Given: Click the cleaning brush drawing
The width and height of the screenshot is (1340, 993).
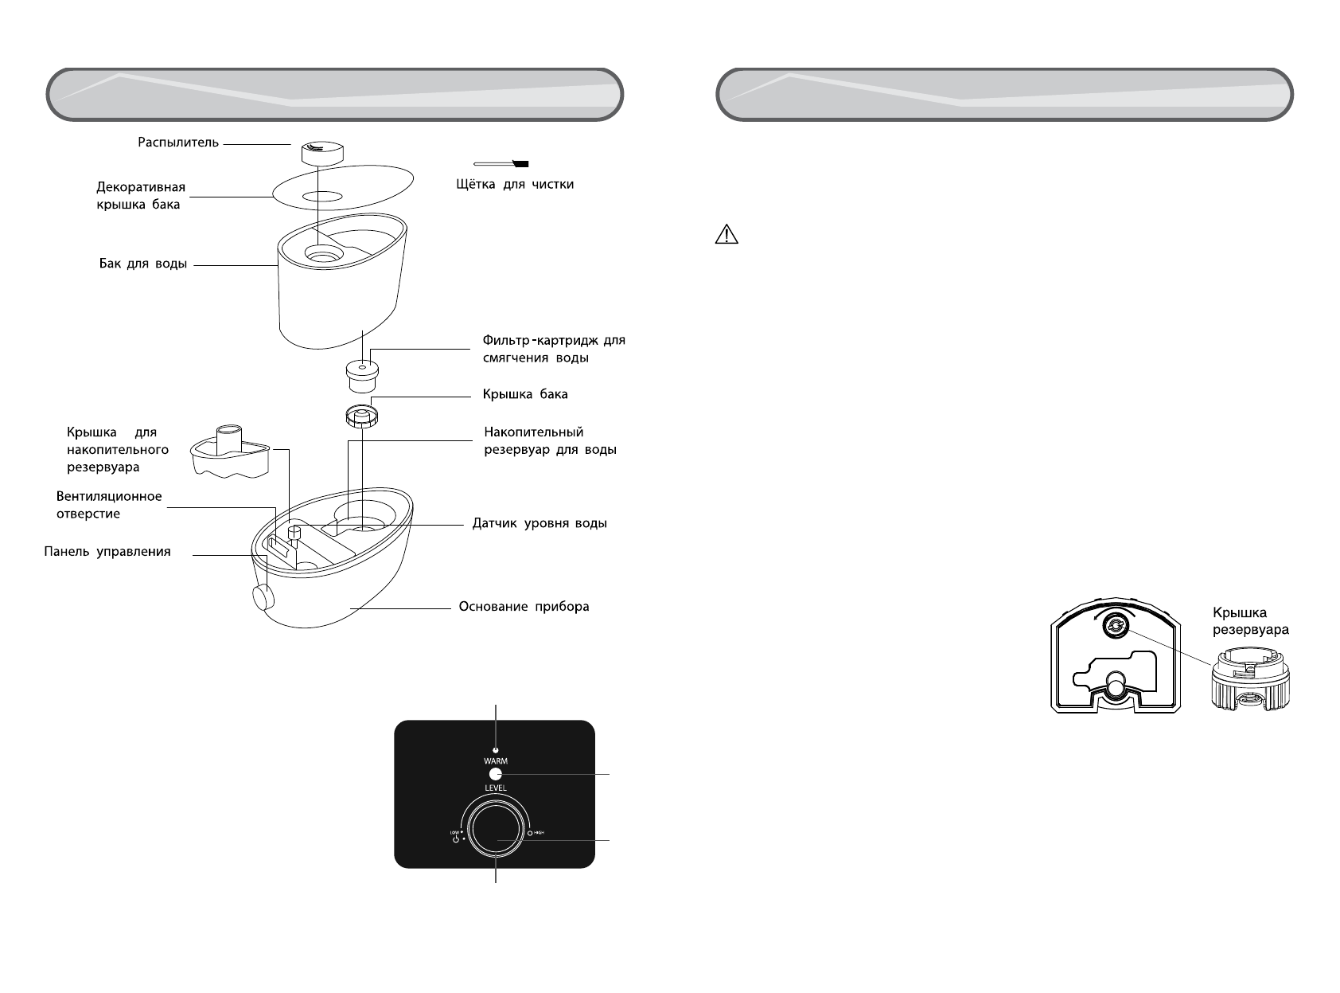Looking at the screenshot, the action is pyautogui.click(x=501, y=163).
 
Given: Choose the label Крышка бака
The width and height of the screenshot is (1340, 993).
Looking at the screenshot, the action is pyautogui.click(x=525, y=394).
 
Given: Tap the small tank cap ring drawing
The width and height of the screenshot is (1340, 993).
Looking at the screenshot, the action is pyautogui.click(x=362, y=415).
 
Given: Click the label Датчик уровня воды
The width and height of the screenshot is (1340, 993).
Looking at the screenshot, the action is pyautogui.click(x=540, y=524).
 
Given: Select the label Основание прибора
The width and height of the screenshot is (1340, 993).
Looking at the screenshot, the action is pyautogui.click(x=524, y=607).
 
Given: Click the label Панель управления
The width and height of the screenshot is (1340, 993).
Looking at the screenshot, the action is pyautogui.click(x=107, y=551).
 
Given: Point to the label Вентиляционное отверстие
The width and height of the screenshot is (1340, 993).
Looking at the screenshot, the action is pyautogui.click(x=109, y=505).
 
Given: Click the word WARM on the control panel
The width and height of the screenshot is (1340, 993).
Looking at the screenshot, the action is pyautogui.click(x=495, y=761).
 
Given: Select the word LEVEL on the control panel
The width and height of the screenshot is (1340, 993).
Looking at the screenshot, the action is pyautogui.click(x=495, y=788).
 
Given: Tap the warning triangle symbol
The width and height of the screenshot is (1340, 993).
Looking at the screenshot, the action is pyautogui.click(x=727, y=234).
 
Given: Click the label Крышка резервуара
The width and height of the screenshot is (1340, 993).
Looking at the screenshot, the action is pyautogui.click(x=1250, y=621).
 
